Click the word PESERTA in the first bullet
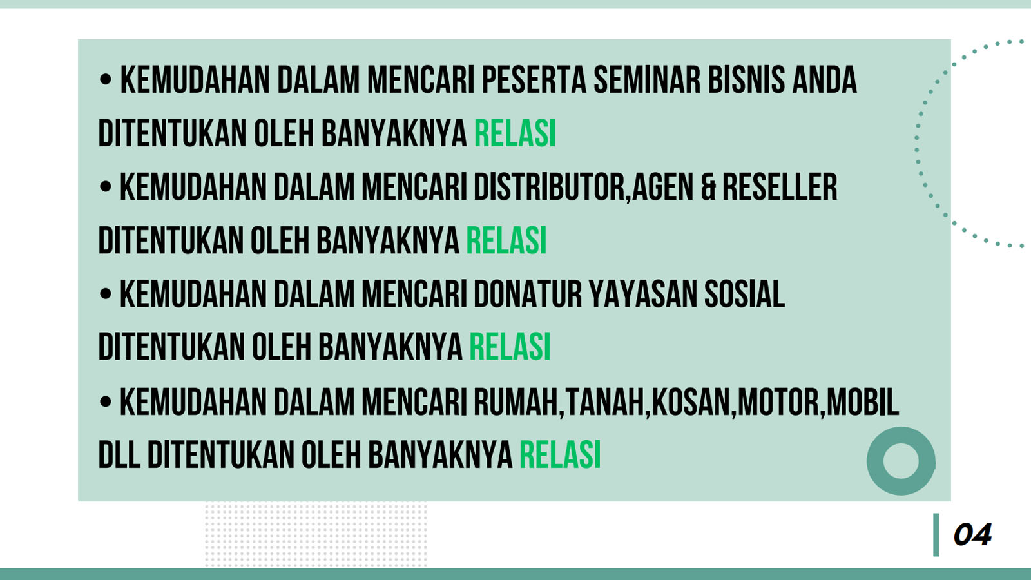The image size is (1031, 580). (x=534, y=80)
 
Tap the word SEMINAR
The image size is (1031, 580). (x=647, y=80)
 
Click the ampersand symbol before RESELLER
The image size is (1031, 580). (x=708, y=188)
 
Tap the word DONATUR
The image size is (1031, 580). (x=528, y=294)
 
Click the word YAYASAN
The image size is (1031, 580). (x=643, y=294)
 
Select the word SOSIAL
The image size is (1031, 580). (x=744, y=294)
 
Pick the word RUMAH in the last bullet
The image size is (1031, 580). (x=516, y=402)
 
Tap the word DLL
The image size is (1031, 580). (x=119, y=455)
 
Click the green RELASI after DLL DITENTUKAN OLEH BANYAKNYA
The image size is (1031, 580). (x=560, y=455)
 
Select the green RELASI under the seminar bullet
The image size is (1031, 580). (x=515, y=133)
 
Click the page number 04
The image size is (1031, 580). (x=972, y=535)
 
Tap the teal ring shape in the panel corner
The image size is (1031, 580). (x=901, y=434)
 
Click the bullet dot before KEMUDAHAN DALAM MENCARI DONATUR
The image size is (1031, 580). (x=106, y=294)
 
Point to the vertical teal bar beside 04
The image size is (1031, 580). (x=936, y=535)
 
